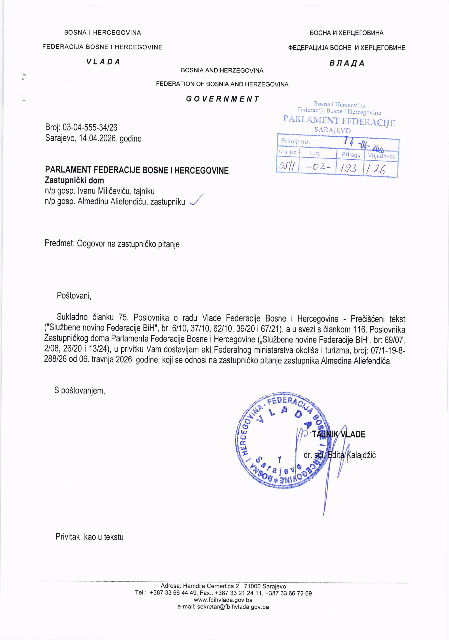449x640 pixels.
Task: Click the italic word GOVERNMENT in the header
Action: coord(222,99)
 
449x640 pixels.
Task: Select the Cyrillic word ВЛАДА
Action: coord(346,63)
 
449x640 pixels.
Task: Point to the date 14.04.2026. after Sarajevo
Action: coord(98,139)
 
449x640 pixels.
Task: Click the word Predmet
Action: coord(59,244)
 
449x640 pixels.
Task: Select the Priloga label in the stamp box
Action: coord(351,155)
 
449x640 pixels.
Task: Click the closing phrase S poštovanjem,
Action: coord(80,391)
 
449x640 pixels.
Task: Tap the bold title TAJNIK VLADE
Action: coord(338,434)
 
